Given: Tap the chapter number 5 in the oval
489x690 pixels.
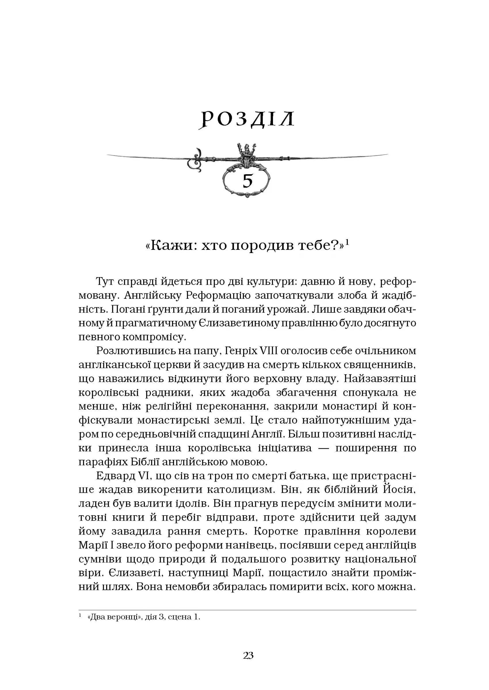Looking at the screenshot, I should click(247, 181).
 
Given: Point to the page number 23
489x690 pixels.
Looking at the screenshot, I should click(248, 655).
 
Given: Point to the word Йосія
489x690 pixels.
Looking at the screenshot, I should click(399, 490).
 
